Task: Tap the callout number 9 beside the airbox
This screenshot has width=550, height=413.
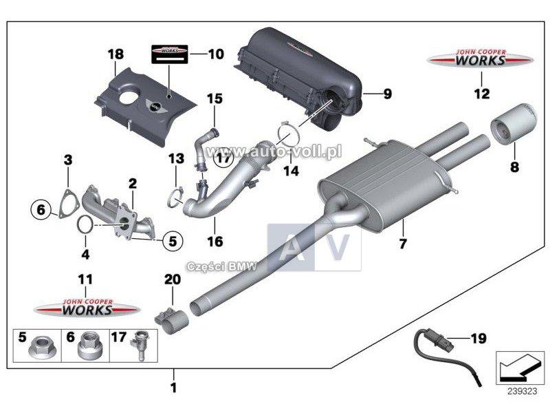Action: (386, 94)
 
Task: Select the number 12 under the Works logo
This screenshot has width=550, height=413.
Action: (481, 92)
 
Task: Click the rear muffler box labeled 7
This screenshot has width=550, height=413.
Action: (382, 186)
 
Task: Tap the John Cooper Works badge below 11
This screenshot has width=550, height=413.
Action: (87, 309)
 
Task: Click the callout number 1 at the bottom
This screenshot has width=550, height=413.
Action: (173, 388)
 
